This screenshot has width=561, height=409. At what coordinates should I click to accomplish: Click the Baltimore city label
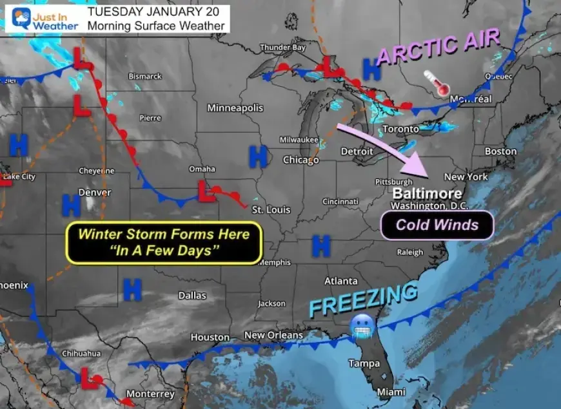tap(427, 193)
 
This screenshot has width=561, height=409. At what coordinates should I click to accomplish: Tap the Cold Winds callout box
tap(437, 225)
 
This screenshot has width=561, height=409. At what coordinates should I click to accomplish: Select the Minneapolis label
tap(235, 108)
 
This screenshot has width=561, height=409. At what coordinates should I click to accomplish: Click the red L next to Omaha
tap(206, 191)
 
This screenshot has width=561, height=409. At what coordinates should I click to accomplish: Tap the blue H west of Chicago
tap(258, 155)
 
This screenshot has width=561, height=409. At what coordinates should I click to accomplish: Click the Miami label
tap(391, 392)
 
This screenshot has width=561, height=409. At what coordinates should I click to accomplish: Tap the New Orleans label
tap(273, 336)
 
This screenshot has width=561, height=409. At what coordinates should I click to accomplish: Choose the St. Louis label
tap(271, 210)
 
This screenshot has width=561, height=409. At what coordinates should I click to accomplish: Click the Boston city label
tap(500, 151)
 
